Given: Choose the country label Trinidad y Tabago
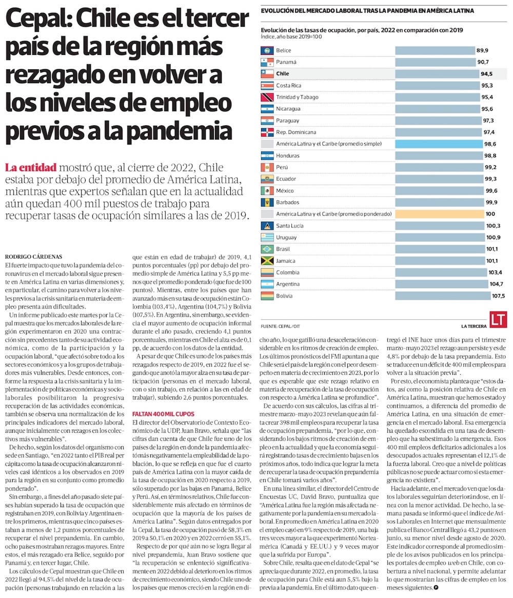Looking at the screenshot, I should point(297,97).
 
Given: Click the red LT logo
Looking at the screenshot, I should point(498,319).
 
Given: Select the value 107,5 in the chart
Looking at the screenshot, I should point(498,296).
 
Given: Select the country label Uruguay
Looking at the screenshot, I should point(286,238).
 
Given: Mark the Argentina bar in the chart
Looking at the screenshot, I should point(438,284).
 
